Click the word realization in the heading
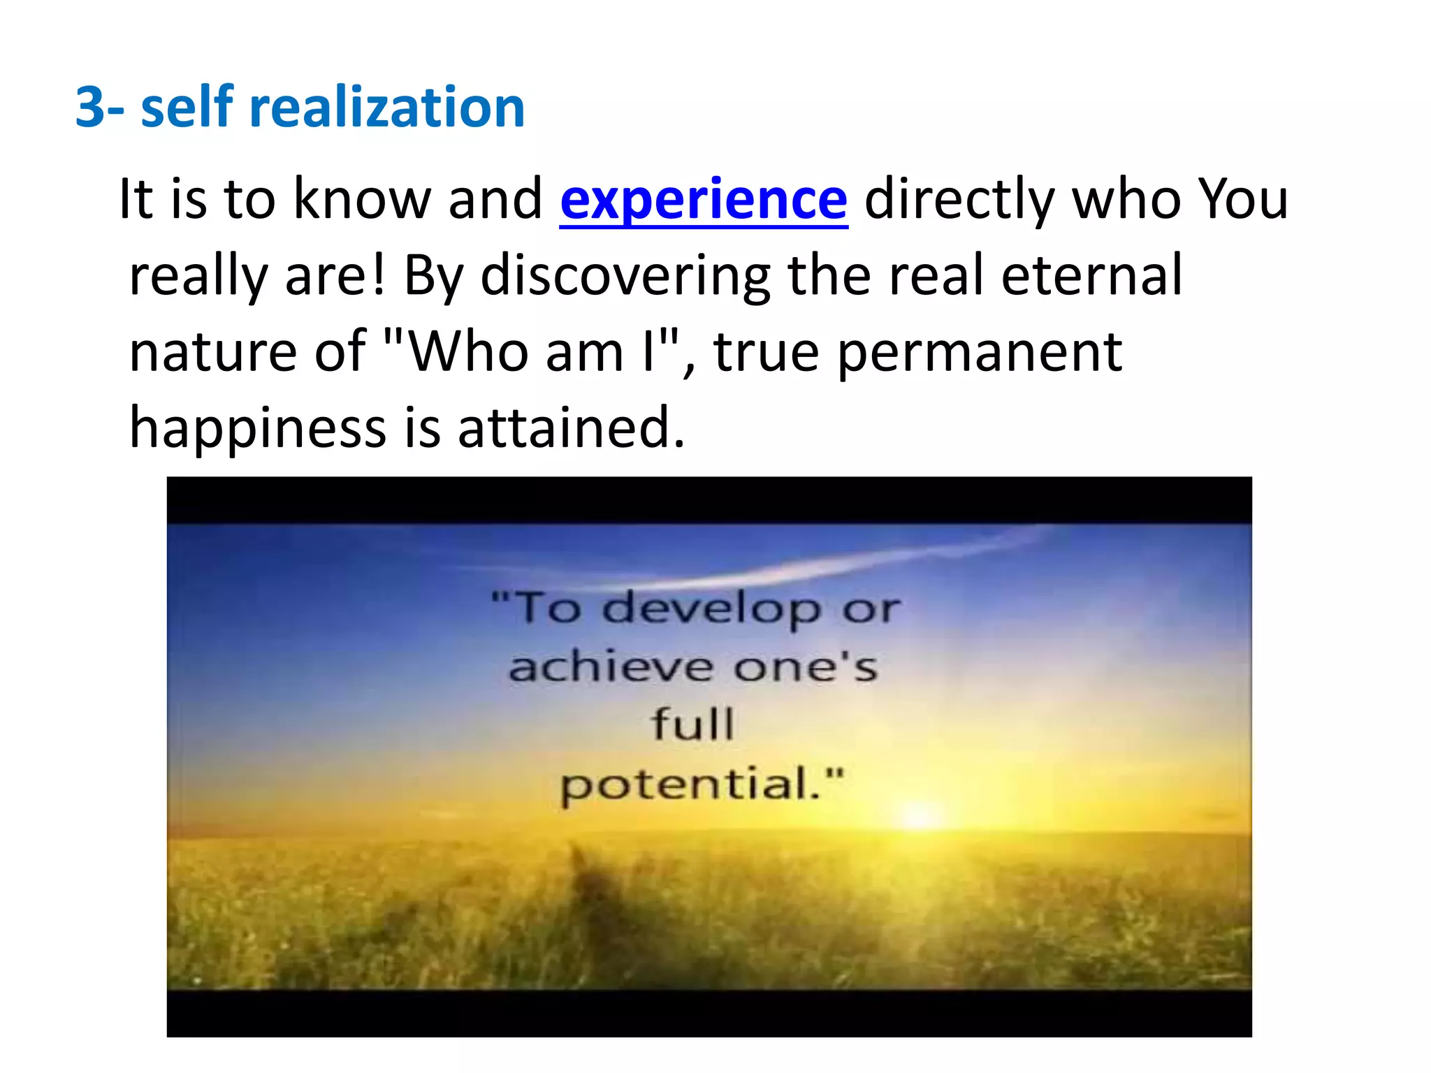point(387,108)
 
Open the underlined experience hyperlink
point(704,200)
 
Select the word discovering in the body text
point(625,276)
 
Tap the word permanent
point(980,353)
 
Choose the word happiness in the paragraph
point(257,428)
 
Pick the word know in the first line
point(361,200)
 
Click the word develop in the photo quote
point(711,609)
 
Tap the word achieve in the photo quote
point(611,667)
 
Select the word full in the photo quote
point(692,724)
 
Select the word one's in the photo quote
point(805,667)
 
